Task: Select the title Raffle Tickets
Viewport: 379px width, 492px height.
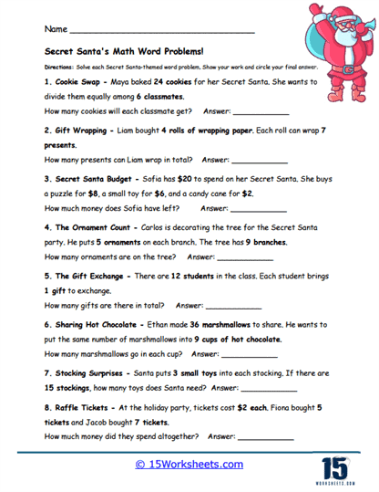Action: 87,408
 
